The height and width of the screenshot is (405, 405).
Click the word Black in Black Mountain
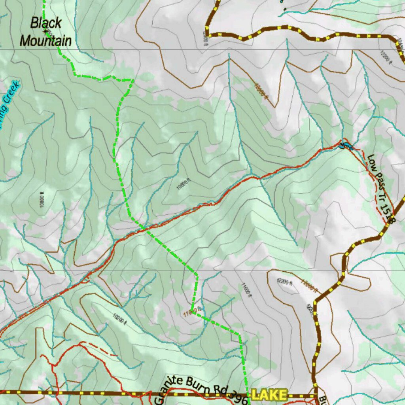point(46,23)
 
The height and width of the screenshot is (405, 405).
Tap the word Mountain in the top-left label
point(46,41)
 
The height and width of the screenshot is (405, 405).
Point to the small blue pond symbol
point(344,146)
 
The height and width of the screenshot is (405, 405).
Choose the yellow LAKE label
point(269,395)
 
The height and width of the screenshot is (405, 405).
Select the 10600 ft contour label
point(184,185)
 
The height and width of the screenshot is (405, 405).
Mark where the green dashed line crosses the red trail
point(143,229)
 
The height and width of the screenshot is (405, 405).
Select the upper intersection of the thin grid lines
point(220,49)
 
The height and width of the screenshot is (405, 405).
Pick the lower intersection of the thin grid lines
point(220,271)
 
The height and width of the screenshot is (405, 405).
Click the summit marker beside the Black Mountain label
point(46,31)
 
